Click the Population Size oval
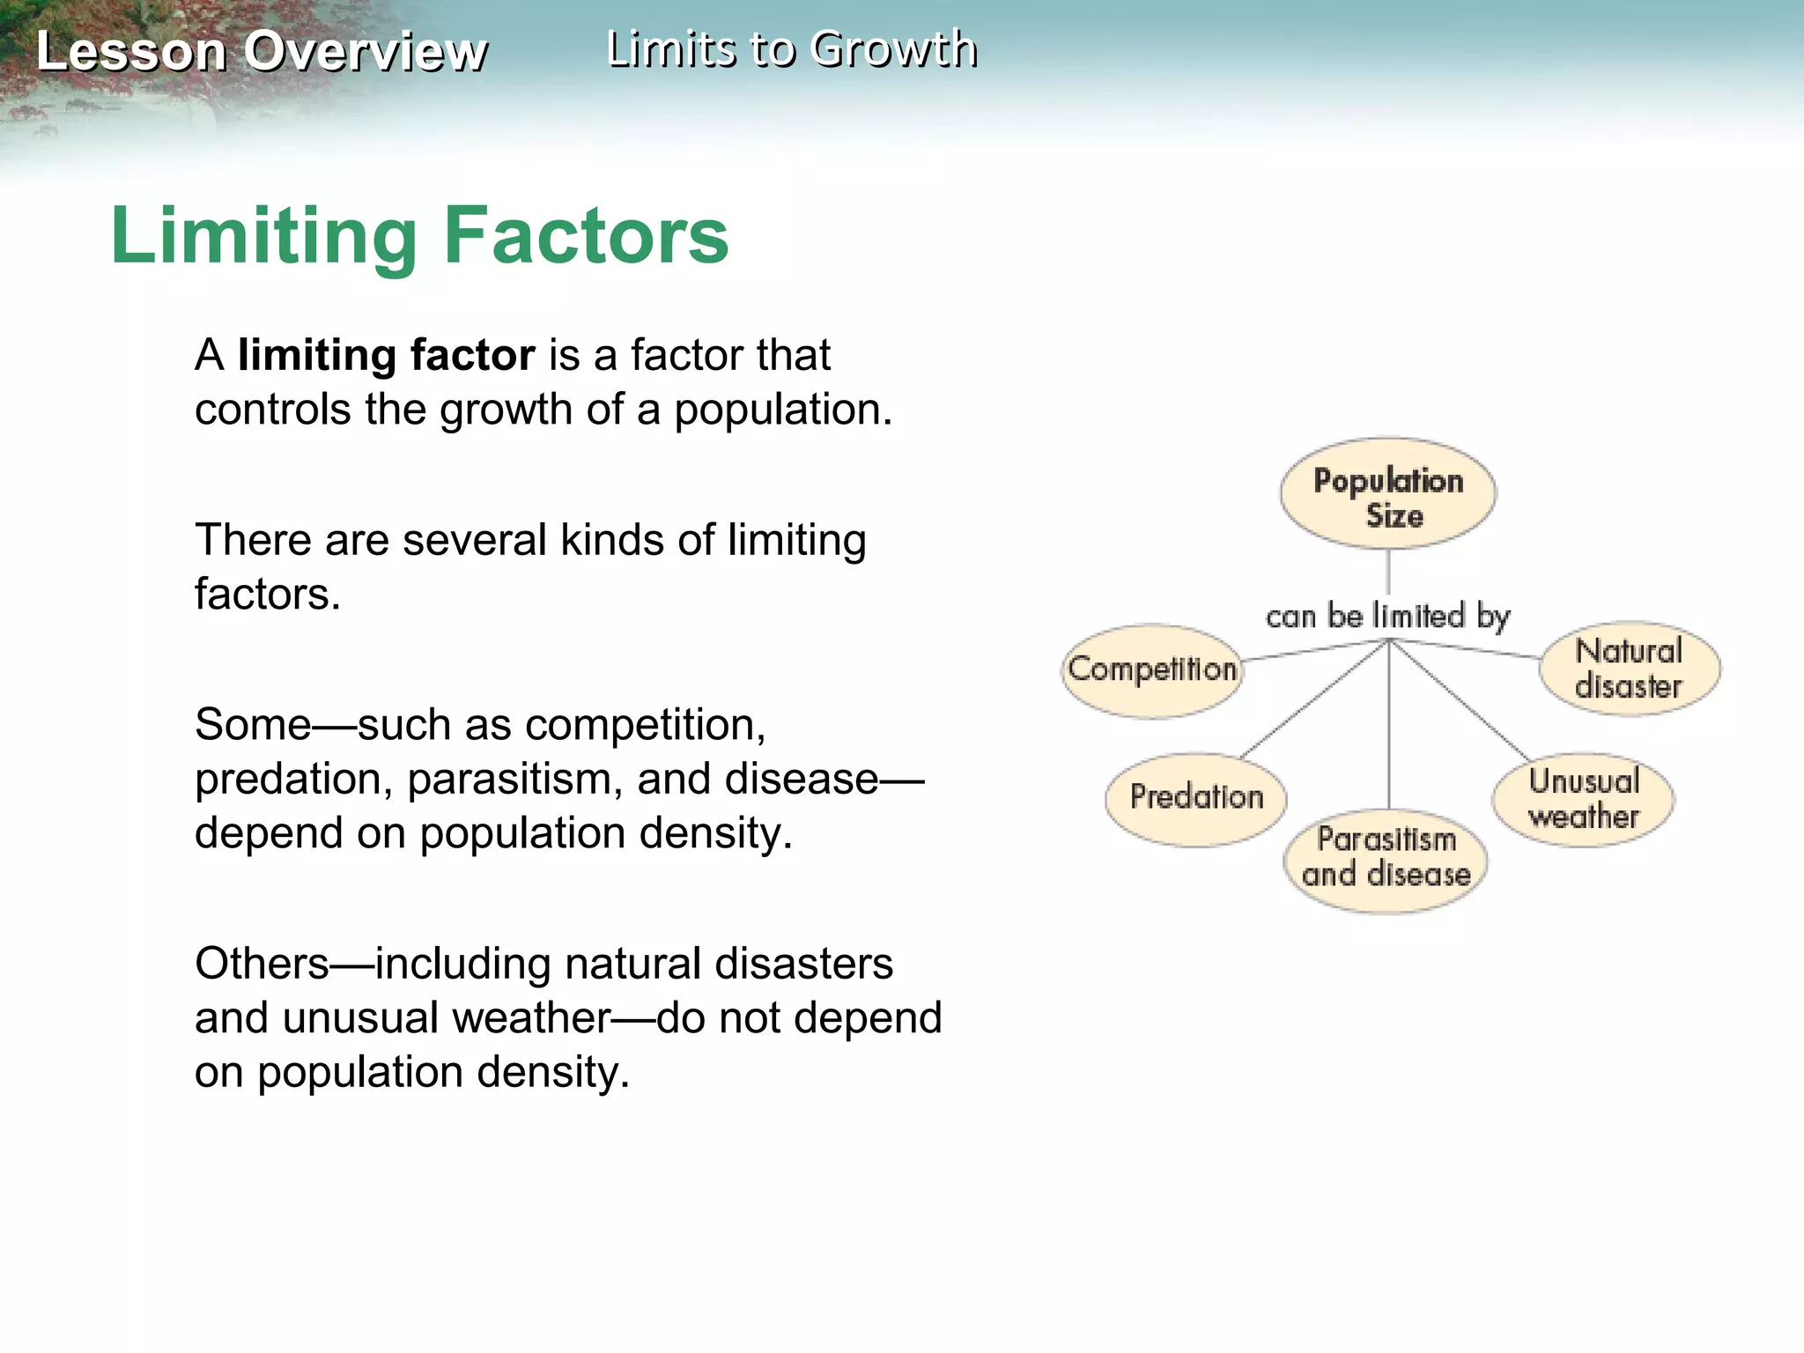click(x=1387, y=494)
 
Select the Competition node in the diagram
click(x=1151, y=670)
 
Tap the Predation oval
click(x=1195, y=798)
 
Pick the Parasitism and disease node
click(x=1386, y=859)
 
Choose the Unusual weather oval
click(x=1583, y=798)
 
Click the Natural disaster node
click(x=1629, y=669)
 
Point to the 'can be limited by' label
click(x=1387, y=616)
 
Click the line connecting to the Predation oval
click(x=1312, y=701)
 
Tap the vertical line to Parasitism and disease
click(x=1389, y=731)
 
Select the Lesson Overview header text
click(x=262, y=51)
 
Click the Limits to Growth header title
click(x=792, y=48)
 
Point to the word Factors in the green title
click(x=587, y=236)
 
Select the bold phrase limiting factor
click(x=386, y=356)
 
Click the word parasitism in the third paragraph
click(x=514, y=780)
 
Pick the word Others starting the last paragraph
click(x=262, y=964)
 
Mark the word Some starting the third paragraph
click(x=253, y=725)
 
